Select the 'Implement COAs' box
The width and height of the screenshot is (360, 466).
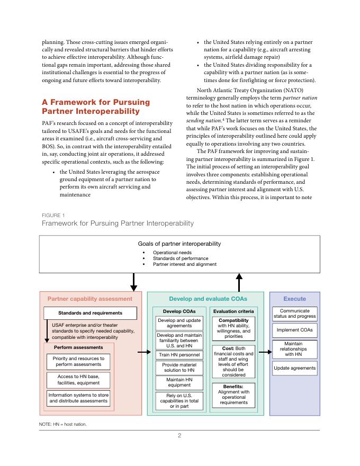coord(295,330)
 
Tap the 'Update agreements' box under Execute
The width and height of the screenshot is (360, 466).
coord(295,368)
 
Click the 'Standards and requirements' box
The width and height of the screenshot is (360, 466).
coord(90,313)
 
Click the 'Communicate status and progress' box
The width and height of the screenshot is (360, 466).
coord(295,313)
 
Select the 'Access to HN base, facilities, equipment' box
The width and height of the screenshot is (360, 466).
coord(78,379)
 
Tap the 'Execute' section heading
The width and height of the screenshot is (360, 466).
coord(295,299)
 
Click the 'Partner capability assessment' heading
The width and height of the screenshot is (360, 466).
coord(90,299)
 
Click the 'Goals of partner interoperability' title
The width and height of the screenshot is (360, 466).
coord(179,244)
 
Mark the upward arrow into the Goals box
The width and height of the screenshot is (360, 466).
coord(239,281)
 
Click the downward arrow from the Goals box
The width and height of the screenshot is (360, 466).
coord(133,281)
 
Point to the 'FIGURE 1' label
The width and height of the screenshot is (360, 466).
coord(53,216)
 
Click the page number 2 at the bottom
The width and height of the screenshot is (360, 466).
coord(179,436)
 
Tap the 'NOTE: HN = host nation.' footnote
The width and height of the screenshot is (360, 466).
coord(63,424)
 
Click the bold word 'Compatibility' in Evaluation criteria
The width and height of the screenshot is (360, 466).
coord(233,320)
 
